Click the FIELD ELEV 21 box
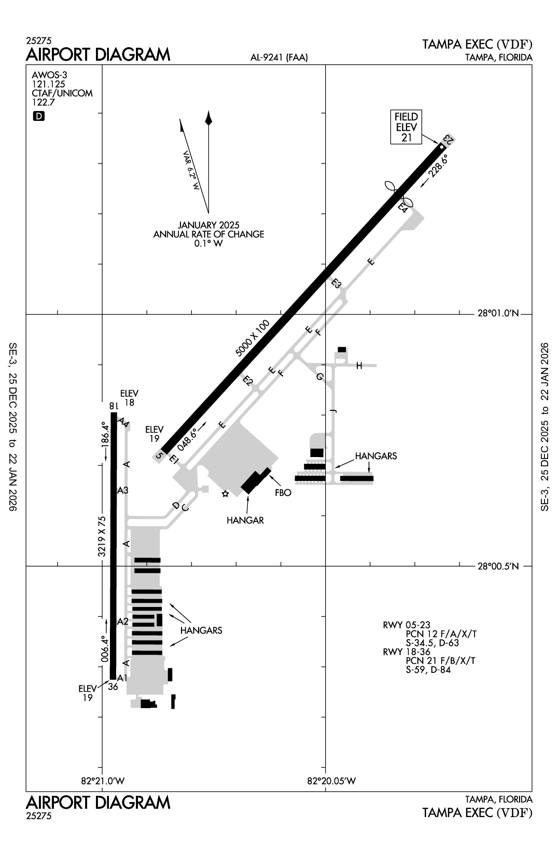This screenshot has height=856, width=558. (x=407, y=127)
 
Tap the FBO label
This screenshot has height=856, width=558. (x=283, y=493)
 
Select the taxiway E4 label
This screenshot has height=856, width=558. (x=403, y=207)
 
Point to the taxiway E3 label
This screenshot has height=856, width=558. (x=337, y=283)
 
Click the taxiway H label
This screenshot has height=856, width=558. (x=359, y=366)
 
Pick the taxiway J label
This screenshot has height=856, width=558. (x=333, y=411)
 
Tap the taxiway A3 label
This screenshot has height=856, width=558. (x=123, y=490)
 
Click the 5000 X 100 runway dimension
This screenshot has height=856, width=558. (x=253, y=338)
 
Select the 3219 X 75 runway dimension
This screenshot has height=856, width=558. (x=102, y=536)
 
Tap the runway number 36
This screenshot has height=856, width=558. (x=113, y=687)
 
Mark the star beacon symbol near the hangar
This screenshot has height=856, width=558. (x=225, y=494)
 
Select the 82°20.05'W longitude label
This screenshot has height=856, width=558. (x=332, y=781)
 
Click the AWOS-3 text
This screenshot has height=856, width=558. (x=49, y=75)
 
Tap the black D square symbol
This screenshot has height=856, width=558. (x=39, y=116)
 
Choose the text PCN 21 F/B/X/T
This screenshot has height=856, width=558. (x=441, y=660)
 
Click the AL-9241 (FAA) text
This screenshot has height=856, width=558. (x=279, y=58)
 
